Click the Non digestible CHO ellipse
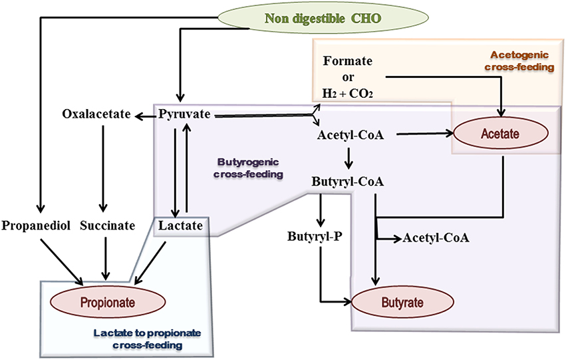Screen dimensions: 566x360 pyautogui.click(x=323, y=18)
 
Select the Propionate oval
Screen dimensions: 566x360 pyautogui.click(x=108, y=302)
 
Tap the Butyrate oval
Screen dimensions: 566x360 pyautogui.click(x=402, y=302)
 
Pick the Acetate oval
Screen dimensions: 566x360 pyautogui.click(x=501, y=134)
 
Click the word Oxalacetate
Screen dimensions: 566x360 pyautogui.click(x=96, y=114)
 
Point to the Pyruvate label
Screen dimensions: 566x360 pyautogui.click(x=184, y=114)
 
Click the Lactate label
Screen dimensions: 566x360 pyautogui.click(x=180, y=226)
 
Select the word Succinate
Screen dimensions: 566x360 pyautogui.click(x=108, y=226)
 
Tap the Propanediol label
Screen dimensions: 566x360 pyautogui.click(x=36, y=226)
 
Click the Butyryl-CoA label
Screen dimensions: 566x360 pyautogui.click(x=348, y=181)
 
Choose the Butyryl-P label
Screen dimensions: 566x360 pyautogui.click(x=315, y=236)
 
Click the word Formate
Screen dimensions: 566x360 pyautogui.click(x=348, y=61)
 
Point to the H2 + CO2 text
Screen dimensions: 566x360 pyautogui.click(x=348, y=94)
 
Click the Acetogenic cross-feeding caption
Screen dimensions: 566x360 pyautogui.click(x=519, y=61)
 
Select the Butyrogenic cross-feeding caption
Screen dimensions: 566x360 pyautogui.click(x=248, y=168)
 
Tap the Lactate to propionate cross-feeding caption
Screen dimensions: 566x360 pyautogui.click(x=147, y=339)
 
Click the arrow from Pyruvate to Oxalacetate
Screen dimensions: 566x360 pyautogui.click(x=146, y=116)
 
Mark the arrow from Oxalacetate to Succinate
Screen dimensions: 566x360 pyautogui.click(x=103, y=168)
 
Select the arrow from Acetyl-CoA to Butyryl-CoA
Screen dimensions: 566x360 pyautogui.click(x=349, y=158)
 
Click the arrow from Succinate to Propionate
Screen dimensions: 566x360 pyautogui.click(x=105, y=259)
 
